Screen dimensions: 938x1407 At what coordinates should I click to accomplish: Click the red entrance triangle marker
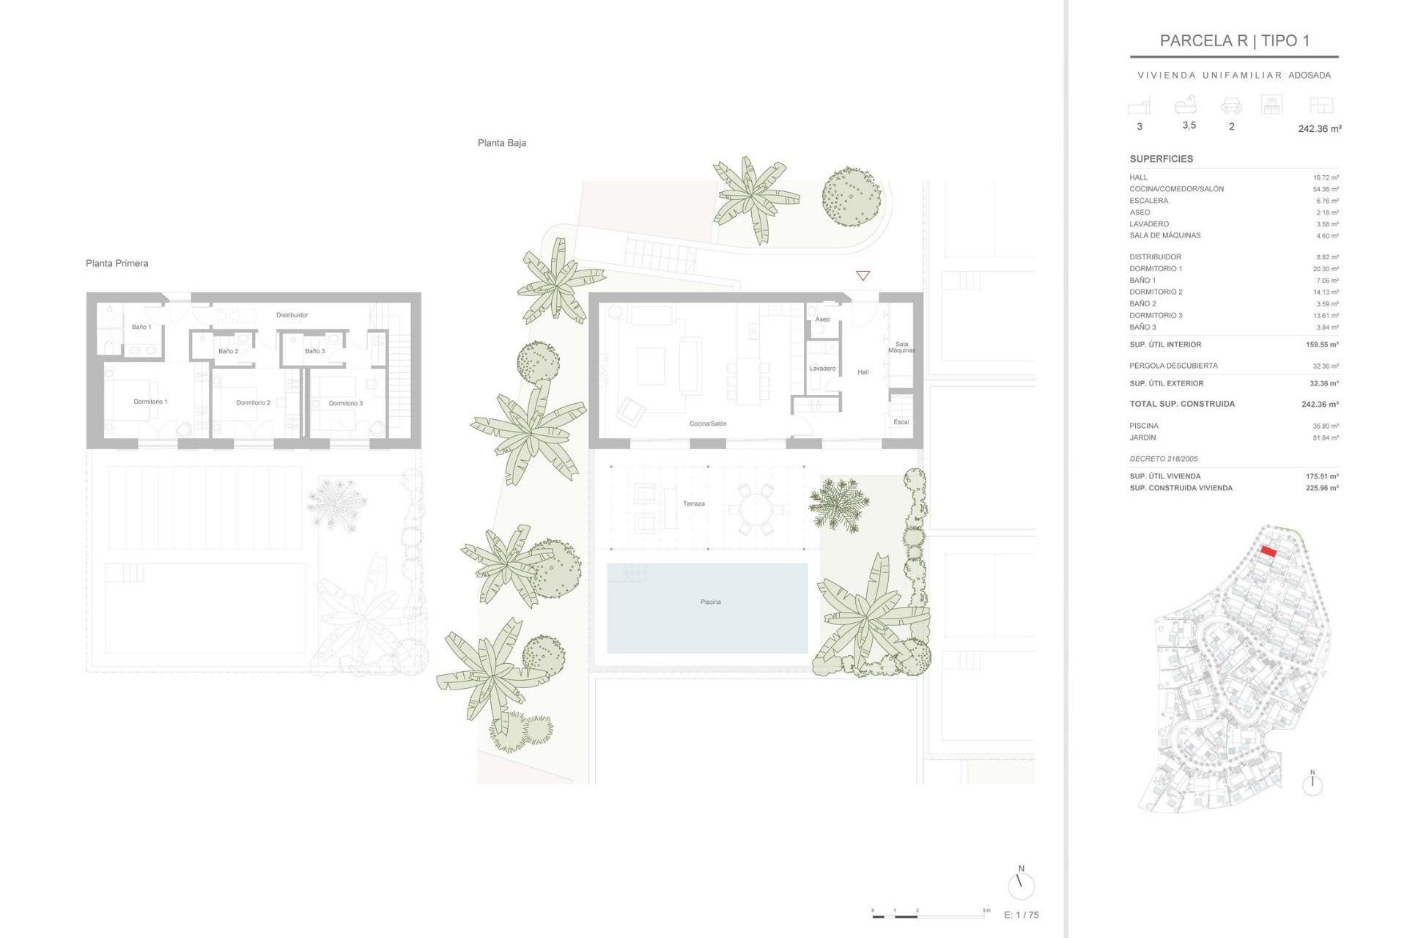(863, 276)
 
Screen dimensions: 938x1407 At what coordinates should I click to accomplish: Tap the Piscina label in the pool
(710, 602)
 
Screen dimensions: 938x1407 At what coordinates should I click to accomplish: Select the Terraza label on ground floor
(693, 503)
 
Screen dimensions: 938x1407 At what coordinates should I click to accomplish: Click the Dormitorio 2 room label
(253, 402)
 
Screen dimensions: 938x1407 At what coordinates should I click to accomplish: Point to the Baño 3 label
(314, 351)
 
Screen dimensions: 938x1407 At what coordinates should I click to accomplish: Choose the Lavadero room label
(822, 369)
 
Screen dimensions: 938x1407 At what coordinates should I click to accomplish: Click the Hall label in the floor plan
(863, 372)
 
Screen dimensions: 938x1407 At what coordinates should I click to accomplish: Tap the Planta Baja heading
(501, 143)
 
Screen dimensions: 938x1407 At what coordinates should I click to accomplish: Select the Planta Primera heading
(117, 263)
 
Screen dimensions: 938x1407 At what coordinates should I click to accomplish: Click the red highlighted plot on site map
(1268, 552)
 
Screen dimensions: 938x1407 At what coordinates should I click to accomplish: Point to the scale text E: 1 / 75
(1021, 915)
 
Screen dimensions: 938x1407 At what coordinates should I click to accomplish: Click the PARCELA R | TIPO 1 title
(1234, 41)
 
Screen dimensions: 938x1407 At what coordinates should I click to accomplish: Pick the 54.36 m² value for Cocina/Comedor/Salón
(1325, 189)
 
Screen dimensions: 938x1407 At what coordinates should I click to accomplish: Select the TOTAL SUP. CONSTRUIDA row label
(1181, 404)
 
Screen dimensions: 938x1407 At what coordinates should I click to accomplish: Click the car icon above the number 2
(1231, 107)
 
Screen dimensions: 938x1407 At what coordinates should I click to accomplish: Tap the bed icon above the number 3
(1139, 106)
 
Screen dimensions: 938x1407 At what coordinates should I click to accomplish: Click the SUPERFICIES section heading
(1161, 159)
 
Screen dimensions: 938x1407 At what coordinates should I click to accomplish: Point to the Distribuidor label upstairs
(292, 315)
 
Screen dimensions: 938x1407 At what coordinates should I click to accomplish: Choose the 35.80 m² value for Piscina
(1325, 426)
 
